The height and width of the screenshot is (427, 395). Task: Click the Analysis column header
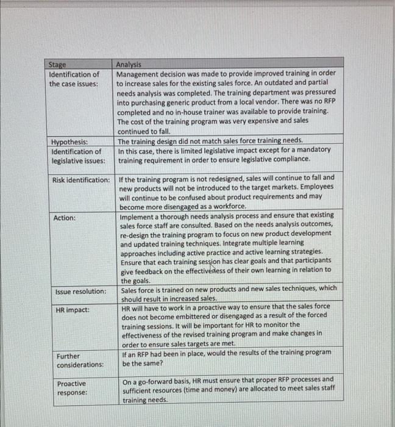129,65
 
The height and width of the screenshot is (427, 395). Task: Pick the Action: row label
65,218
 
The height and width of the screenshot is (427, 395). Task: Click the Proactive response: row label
72,388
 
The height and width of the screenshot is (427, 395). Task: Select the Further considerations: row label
79,360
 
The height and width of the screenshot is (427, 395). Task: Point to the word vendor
270,101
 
